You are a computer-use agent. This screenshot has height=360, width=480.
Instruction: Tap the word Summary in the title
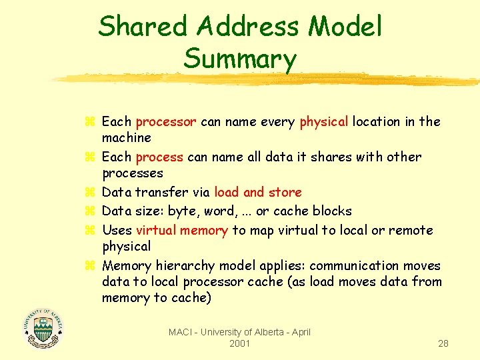point(239,59)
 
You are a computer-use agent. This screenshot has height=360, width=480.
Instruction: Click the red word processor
point(165,122)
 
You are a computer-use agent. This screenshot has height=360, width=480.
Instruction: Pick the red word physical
point(324,122)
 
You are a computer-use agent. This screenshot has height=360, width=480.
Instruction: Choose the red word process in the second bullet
point(159,157)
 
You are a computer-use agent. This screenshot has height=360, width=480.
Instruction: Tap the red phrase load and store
point(258,193)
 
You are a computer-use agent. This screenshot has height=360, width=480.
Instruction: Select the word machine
point(127,138)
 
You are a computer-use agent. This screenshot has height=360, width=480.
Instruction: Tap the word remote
point(411,231)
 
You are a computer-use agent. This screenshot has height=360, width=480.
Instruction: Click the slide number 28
point(443,344)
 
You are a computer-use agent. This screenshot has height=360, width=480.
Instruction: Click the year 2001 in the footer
point(239,343)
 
